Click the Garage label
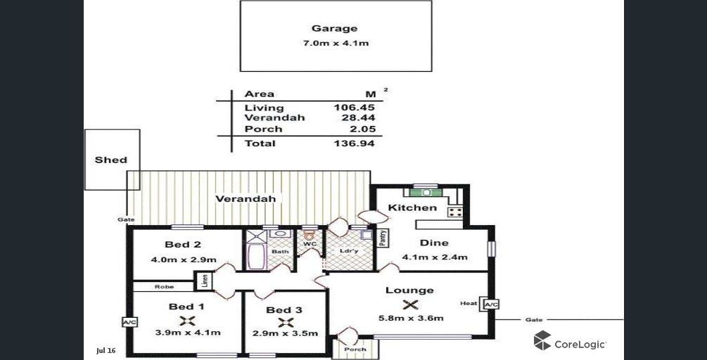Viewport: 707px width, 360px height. tap(335, 29)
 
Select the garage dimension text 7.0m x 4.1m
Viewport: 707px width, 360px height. tap(335, 44)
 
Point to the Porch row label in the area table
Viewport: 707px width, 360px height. tap(263, 129)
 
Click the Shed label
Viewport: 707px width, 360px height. tap(111, 160)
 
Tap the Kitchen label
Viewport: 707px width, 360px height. tap(412, 207)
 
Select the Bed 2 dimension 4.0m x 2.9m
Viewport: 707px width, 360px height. tap(183, 259)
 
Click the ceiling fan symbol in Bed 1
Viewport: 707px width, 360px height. tap(186, 321)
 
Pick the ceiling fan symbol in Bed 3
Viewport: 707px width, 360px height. tap(285, 322)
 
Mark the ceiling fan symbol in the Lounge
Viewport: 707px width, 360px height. tap(411, 304)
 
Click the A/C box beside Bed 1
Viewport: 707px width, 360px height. tap(129, 322)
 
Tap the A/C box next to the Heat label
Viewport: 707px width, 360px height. tap(490, 304)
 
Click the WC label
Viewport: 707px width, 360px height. tap(309, 245)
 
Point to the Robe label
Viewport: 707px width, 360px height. tap(164, 287)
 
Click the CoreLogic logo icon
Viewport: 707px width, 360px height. tap(542, 342)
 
